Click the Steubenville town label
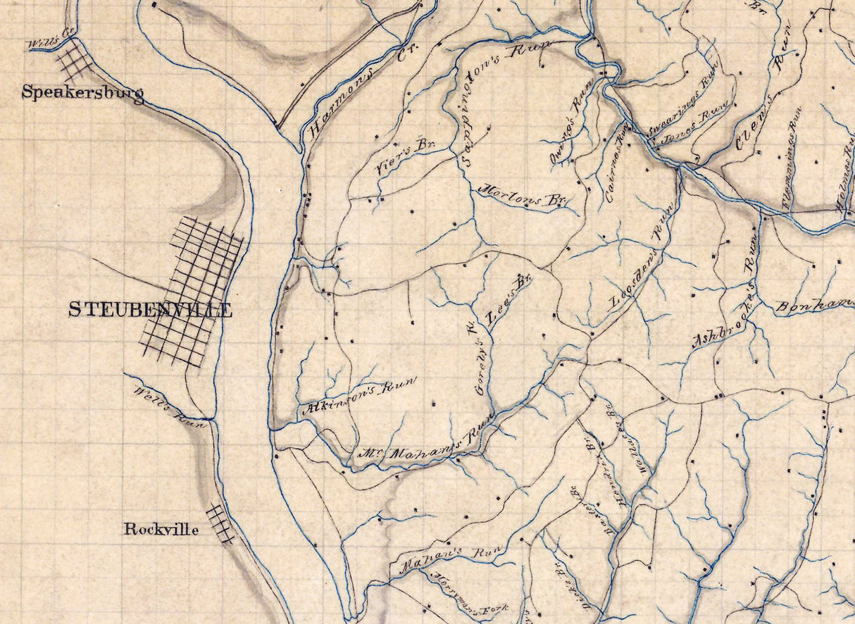(150, 310)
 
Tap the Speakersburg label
(82, 92)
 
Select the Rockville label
(161, 529)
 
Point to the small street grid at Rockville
(220, 523)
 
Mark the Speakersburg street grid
(74, 60)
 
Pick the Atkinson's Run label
(358, 397)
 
